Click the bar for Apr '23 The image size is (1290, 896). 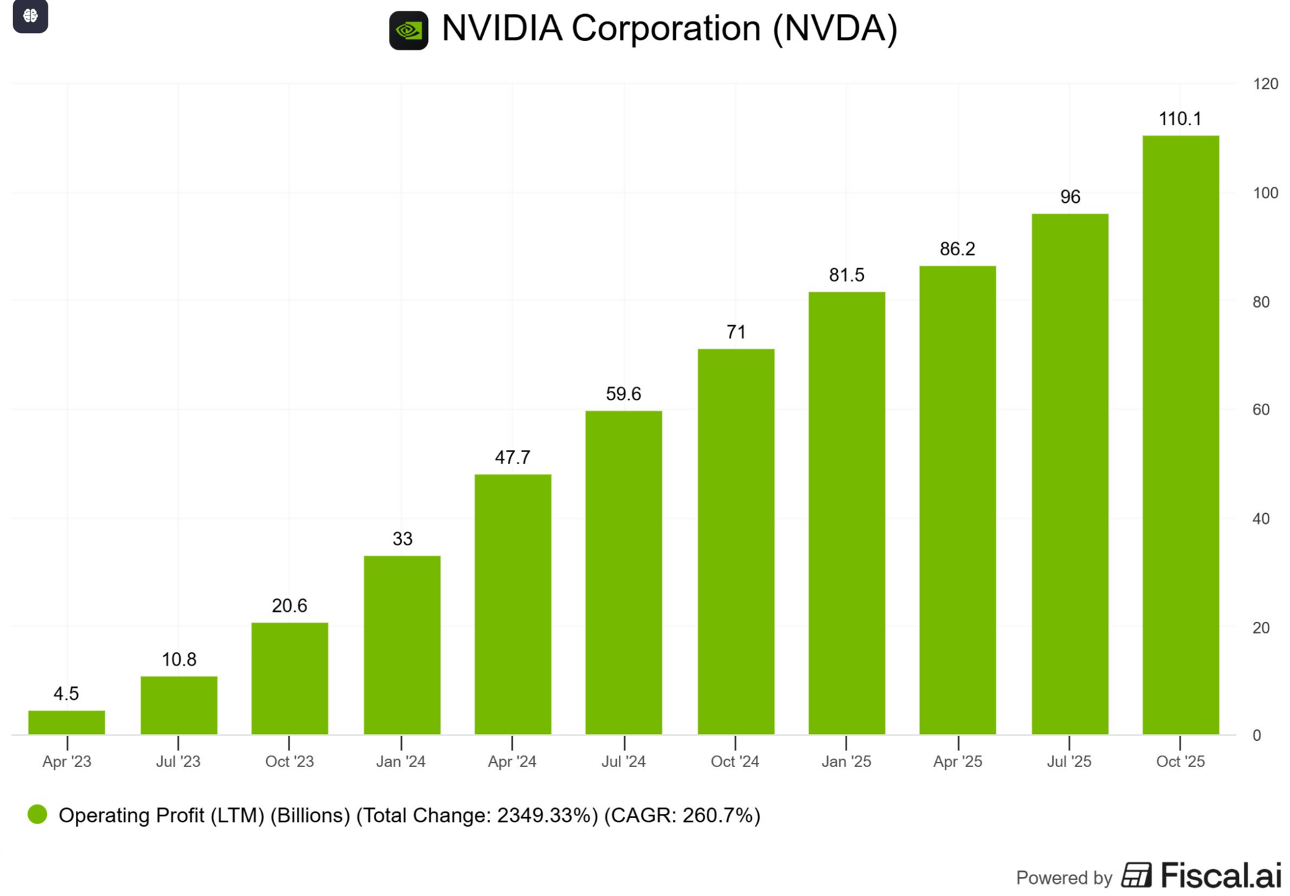[x=67, y=722]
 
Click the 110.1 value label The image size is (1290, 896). [x=1180, y=119]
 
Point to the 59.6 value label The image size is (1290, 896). [x=623, y=394]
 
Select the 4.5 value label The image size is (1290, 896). [x=67, y=694]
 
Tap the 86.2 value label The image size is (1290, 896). [x=957, y=249]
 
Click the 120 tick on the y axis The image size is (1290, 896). [x=1265, y=84]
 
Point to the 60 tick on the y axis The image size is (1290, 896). [x=1261, y=410]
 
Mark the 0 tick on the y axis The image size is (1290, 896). [x=1256, y=735]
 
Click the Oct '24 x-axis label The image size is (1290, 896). [x=734, y=762]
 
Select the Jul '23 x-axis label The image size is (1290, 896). [x=178, y=762]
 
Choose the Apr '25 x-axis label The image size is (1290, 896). [x=957, y=762]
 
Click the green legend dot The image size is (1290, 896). [x=38, y=815]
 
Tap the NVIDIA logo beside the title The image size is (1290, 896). [x=408, y=30]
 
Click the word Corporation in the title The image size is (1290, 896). [x=667, y=29]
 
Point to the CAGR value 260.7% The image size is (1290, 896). [x=718, y=815]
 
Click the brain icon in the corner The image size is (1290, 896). [x=30, y=15]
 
